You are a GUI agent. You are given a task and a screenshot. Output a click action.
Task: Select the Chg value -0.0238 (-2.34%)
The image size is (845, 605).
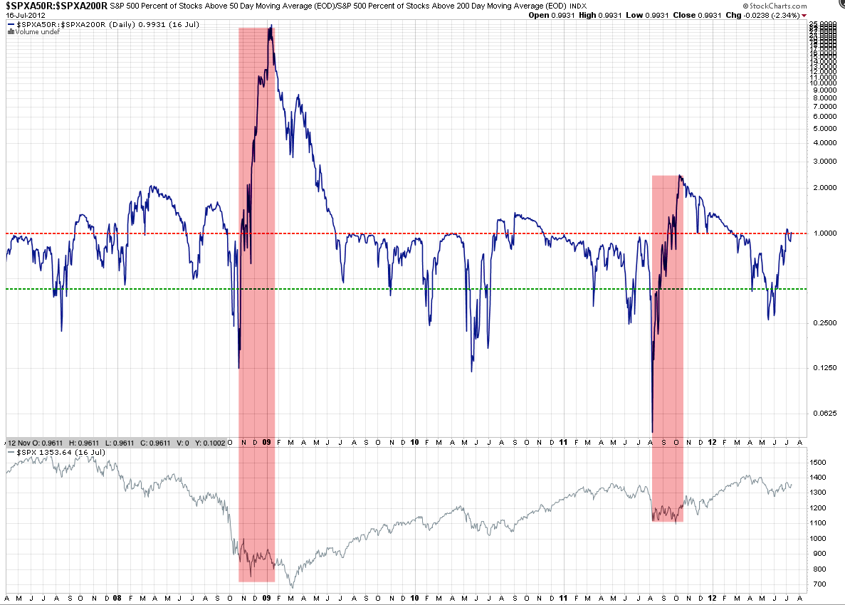click(780, 15)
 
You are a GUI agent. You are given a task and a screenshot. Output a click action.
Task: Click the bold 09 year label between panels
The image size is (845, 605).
click(266, 441)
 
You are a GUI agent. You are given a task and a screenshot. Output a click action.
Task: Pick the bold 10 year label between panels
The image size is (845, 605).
click(414, 441)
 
